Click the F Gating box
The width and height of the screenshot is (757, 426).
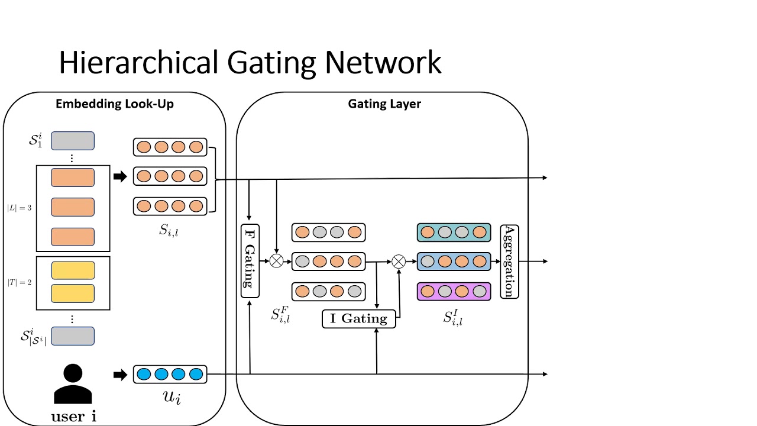click(x=250, y=261)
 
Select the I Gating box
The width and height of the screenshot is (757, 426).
click(x=358, y=318)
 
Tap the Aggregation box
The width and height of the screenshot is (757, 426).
click(x=509, y=261)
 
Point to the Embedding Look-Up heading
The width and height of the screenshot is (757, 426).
click(x=114, y=104)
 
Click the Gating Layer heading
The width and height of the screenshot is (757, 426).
click(x=384, y=104)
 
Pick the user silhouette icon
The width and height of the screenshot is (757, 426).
click(x=73, y=385)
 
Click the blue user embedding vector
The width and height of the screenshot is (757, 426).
click(x=170, y=374)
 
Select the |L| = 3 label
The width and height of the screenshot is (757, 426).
click(x=20, y=208)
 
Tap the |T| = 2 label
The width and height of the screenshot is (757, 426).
click(x=20, y=282)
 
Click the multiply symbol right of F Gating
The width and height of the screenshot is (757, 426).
click(x=276, y=261)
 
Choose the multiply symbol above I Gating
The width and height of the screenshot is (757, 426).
click(x=399, y=261)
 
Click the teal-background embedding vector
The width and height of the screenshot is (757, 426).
click(x=454, y=233)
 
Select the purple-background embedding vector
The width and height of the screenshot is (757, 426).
click(x=454, y=291)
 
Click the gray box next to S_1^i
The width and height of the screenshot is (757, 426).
click(x=73, y=141)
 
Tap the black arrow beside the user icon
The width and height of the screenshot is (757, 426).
click(x=120, y=374)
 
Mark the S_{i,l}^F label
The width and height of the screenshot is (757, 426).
click(x=280, y=315)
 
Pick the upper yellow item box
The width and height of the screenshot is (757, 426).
click(x=73, y=270)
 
